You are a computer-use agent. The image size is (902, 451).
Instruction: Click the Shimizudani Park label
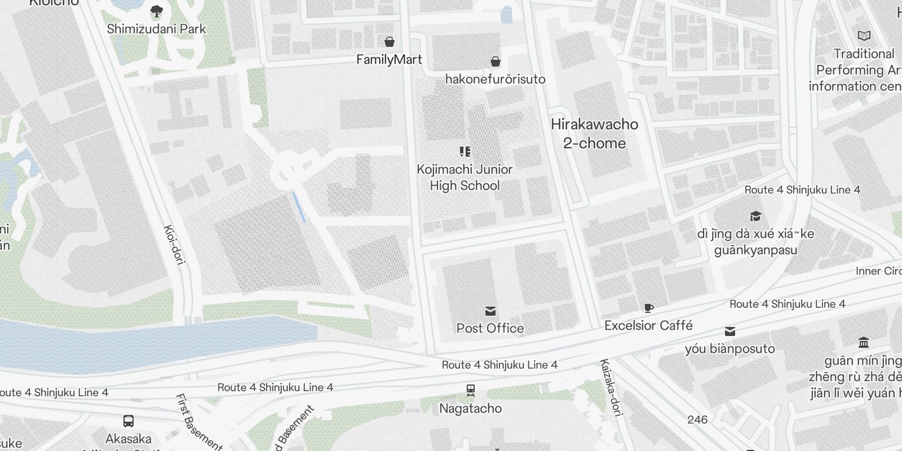(156, 29)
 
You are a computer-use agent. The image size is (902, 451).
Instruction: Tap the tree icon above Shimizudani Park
(156, 11)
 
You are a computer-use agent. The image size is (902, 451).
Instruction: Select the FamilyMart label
(389, 59)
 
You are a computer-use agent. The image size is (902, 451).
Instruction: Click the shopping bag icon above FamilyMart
(389, 42)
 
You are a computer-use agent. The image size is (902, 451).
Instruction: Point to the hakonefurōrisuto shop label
(495, 79)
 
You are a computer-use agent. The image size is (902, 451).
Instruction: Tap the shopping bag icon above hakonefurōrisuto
(495, 61)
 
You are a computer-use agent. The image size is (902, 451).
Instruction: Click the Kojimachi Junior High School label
(465, 177)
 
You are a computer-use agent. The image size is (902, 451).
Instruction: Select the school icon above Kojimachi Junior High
(465, 151)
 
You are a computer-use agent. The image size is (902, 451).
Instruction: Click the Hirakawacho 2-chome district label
(594, 134)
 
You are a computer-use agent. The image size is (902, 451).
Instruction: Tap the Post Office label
(490, 328)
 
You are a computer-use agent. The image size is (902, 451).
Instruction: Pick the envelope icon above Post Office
(490, 311)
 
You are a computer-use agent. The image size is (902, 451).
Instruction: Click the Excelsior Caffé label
(648, 325)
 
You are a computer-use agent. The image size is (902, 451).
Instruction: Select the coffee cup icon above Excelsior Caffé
(649, 308)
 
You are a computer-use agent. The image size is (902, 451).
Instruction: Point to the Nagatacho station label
(470, 408)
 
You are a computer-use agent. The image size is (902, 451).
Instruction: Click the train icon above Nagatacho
(470, 390)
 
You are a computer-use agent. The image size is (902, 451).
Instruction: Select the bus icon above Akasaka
(129, 421)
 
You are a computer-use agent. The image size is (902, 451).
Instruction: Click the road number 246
(697, 419)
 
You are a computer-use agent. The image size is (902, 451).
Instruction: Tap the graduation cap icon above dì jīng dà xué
(755, 216)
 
